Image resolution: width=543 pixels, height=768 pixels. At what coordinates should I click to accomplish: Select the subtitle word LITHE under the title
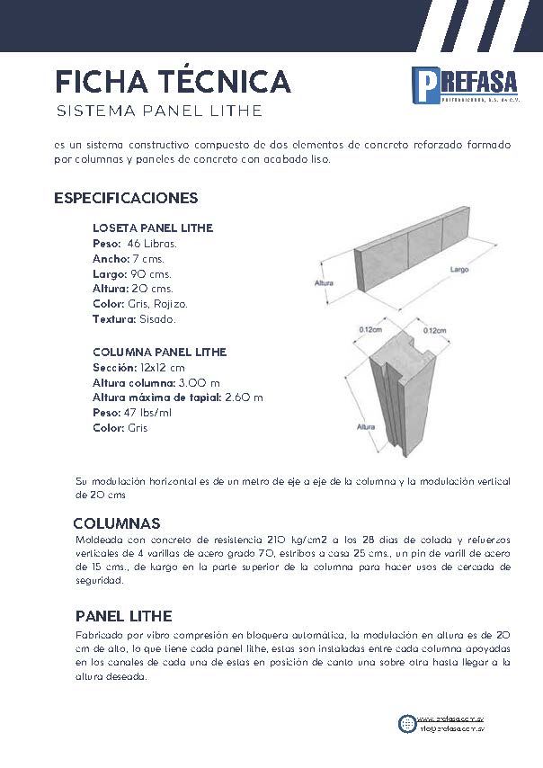pos(232,112)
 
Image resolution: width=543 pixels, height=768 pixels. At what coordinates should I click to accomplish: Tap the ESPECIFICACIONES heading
pos(126,198)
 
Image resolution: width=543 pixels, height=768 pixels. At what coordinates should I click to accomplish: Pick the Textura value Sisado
pos(157,319)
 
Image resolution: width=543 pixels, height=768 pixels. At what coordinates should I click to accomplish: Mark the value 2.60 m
pos(243,397)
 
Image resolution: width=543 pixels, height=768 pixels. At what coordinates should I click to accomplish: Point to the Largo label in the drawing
pos(459,269)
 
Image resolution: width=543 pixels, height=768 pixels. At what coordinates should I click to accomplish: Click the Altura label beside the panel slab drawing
pos(325,283)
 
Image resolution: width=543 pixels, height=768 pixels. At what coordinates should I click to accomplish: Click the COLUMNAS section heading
pos(117,523)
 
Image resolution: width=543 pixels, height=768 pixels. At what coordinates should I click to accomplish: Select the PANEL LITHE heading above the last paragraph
pos(124,616)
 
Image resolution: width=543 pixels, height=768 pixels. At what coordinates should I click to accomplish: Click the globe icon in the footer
pos(407,722)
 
